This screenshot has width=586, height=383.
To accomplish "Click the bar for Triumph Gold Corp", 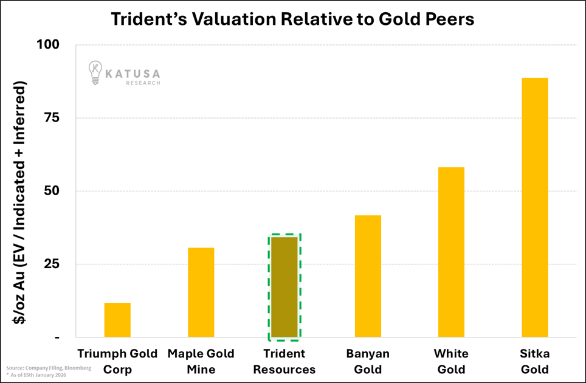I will [117, 320].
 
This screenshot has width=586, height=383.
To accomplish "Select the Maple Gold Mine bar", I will [201, 292].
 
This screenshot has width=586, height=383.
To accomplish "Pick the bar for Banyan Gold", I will [368, 276].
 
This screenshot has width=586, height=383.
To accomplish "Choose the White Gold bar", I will [451, 252].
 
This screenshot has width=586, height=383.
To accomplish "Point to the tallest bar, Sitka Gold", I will [534, 207].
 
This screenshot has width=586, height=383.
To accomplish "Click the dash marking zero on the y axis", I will [57, 337].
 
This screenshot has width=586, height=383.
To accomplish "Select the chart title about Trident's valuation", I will [292, 19].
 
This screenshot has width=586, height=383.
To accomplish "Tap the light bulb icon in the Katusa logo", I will [95, 72].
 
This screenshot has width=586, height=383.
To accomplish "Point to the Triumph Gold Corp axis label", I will [117, 361].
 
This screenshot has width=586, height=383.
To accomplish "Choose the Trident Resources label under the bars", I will [284, 361].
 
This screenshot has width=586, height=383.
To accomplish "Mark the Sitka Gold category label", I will [534, 361].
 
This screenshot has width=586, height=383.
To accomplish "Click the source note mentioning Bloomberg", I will [49, 368].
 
